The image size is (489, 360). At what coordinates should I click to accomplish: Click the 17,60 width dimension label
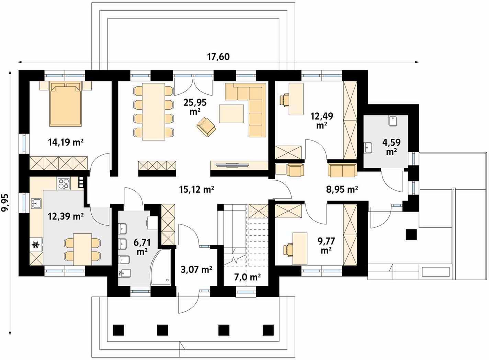pyautogui.click(x=218, y=57)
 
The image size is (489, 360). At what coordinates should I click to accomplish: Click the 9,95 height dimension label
pyautogui.click(x=5, y=202)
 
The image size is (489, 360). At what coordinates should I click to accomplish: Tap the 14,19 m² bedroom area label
pyautogui.click(x=66, y=142)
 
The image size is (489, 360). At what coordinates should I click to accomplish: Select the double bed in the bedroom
pyautogui.click(x=66, y=104)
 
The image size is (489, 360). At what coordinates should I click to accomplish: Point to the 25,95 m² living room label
pyautogui.click(x=195, y=106)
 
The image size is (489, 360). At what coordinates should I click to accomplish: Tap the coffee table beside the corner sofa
pyautogui.click(x=231, y=114)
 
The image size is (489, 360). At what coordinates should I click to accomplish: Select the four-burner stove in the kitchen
pyautogui.click(x=64, y=183)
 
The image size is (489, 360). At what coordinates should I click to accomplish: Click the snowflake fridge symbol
pyautogui.click(x=35, y=245)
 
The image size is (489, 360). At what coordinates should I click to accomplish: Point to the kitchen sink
pyautogui.click(x=36, y=203)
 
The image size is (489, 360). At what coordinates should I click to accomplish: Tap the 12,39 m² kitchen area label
pyautogui.click(x=66, y=216)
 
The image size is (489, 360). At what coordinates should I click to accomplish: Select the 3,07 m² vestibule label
pyautogui.click(x=197, y=270)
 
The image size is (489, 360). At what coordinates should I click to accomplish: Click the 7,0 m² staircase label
pyautogui.click(x=247, y=277)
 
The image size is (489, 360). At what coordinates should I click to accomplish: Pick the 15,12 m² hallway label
pyautogui.click(x=196, y=189)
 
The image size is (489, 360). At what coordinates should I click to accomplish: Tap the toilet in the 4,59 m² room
pyautogui.click(x=393, y=121)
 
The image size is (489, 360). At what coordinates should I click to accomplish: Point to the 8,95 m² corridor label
pyautogui.click(x=342, y=189)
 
